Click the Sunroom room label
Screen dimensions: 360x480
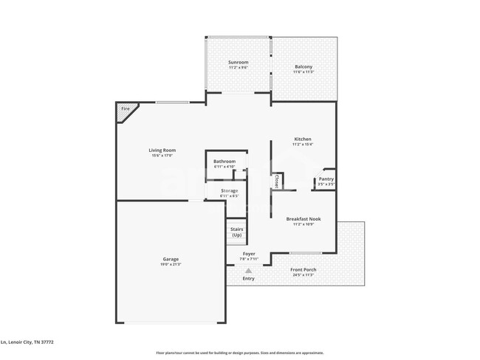tap(238, 62)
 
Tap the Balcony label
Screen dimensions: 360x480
tap(304, 66)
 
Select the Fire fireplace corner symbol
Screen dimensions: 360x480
tap(125, 110)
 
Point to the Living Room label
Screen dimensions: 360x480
tap(162, 150)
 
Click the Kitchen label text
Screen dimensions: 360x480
tap(303, 139)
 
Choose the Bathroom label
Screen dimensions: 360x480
tap(224, 161)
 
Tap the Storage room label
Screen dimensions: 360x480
tap(229, 190)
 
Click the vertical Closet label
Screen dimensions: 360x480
tap(276, 181)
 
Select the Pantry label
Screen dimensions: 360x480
tap(326, 179)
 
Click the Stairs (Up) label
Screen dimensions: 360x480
tap(236, 232)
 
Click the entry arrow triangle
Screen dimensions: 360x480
tap(248, 271)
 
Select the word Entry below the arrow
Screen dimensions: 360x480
tap(248, 278)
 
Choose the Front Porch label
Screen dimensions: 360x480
tap(304, 269)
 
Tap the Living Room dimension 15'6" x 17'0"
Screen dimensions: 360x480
tap(162, 155)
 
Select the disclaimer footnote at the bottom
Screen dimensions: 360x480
tap(239, 353)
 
